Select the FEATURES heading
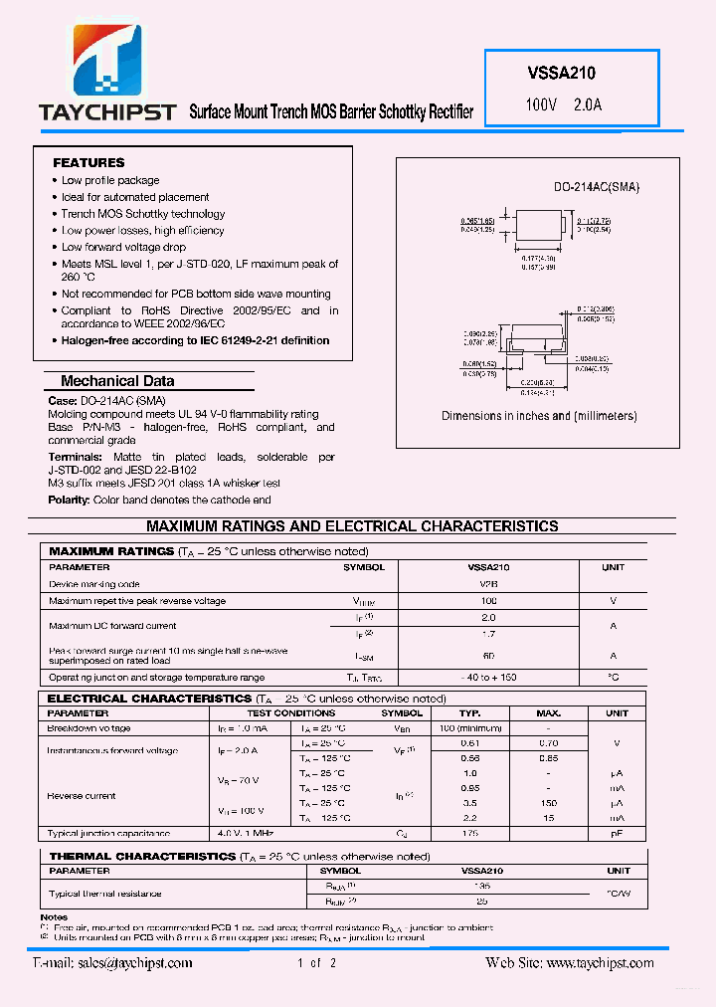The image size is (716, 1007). point(89,162)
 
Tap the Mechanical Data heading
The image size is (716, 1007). point(117,381)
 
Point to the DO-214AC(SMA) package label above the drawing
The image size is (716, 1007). point(597,187)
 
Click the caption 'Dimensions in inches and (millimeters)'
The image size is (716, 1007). point(539,416)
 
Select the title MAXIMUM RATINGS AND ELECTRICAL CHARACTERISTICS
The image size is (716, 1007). point(352,526)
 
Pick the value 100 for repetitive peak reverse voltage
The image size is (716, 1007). point(488,601)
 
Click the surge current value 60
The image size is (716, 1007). point(488,656)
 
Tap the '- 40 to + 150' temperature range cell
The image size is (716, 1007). point(488,678)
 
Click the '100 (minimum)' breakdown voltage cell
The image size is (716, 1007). point(470,728)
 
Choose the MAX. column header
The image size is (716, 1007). point(548,713)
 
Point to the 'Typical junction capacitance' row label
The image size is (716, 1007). point(108,834)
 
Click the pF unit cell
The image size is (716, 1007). point(618,834)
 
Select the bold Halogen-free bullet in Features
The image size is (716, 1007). point(195,340)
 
